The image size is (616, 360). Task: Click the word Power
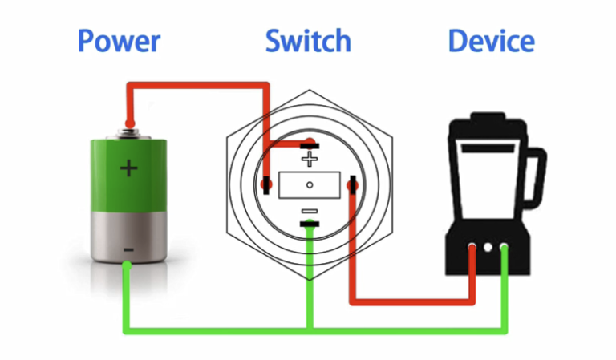[119, 41]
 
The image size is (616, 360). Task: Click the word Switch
[308, 41]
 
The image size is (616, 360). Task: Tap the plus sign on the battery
[128, 168]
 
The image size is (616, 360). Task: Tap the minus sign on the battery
[128, 250]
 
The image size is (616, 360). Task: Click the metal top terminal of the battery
[128, 127]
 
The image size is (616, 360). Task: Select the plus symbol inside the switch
[309, 159]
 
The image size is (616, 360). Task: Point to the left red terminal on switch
[266, 185]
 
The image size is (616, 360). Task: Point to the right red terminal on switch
[351, 186]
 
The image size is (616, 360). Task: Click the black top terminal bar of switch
[309, 145]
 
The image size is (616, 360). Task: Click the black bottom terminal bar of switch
[309, 224]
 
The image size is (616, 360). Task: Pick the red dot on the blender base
[472, 249]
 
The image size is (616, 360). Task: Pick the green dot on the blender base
[504, 249]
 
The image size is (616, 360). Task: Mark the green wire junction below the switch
[309, 329]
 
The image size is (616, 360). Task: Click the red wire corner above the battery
[128, 84]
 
